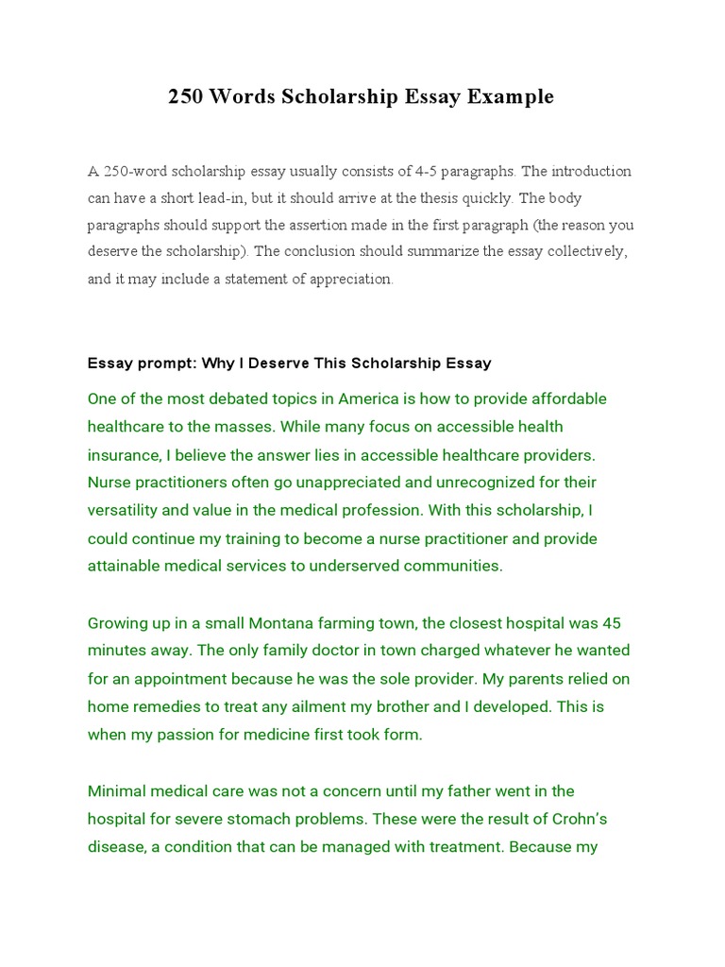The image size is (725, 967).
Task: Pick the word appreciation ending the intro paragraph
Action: [351, 280]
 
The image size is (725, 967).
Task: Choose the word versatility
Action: [123, 511]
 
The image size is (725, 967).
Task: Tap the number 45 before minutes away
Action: [611, 623]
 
